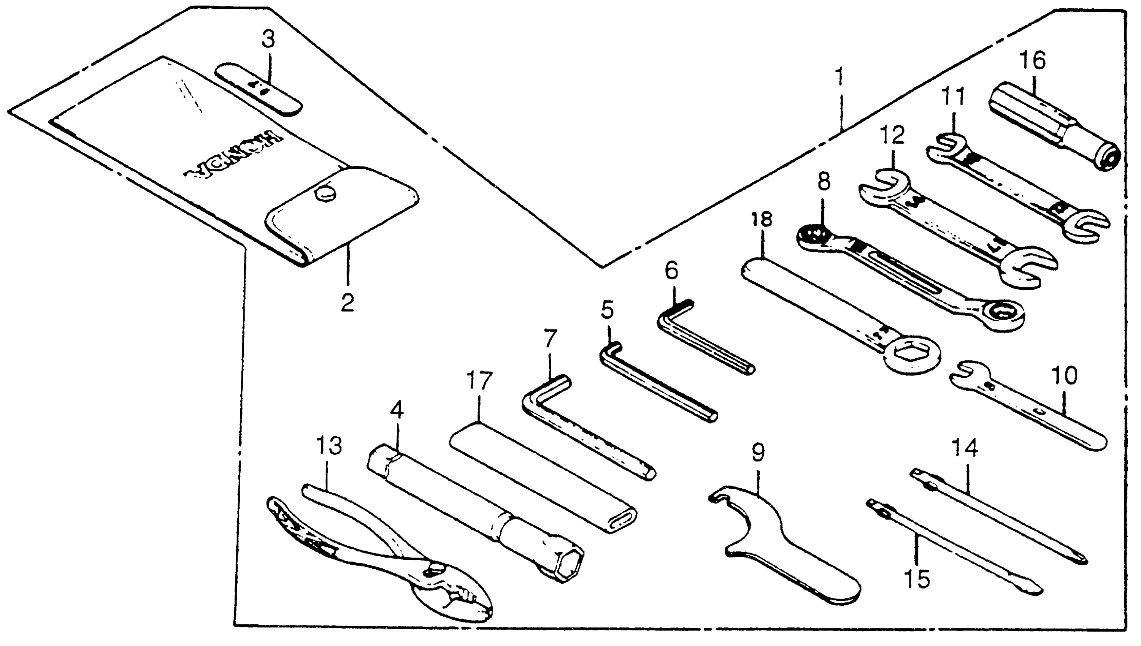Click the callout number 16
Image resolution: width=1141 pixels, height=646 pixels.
1032,60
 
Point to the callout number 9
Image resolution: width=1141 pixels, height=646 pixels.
758,452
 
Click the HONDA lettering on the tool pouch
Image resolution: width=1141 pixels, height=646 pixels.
233,155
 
